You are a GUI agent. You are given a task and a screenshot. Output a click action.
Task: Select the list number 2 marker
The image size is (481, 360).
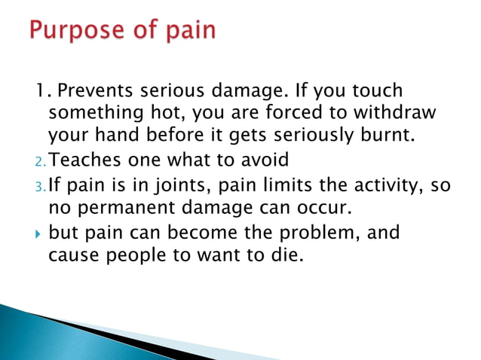[x=41, y=162]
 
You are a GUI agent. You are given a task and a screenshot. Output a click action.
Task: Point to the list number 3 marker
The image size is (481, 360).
[x=41, y=185]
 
